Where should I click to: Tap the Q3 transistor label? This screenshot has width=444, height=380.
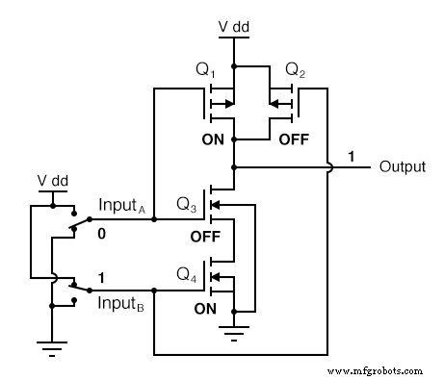click(186, 204)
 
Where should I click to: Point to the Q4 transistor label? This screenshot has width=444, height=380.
click(186, 271)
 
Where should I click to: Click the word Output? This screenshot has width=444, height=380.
click(402, 166)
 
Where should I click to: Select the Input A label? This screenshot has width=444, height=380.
click(124, 204)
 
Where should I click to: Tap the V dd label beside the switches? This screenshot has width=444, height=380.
click(51, 179)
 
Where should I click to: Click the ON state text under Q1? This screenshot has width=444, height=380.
click(213, 139)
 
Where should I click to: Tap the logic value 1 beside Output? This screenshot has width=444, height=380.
click(353, 155)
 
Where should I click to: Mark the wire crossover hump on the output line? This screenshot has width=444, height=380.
click(327, 166)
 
